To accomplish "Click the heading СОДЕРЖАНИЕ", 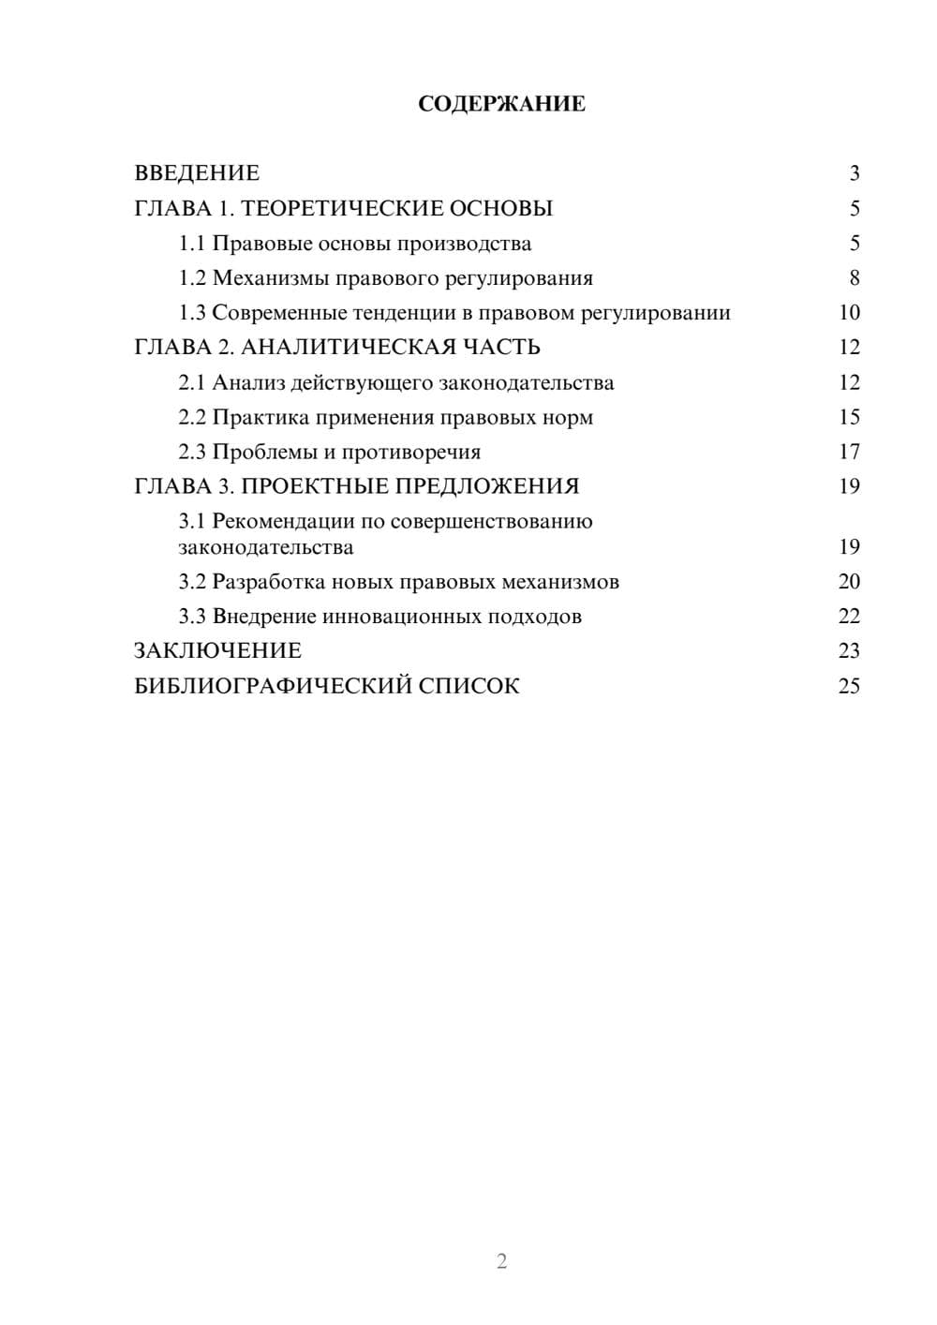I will click(501, 104).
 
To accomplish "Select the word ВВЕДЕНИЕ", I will click(197, 173).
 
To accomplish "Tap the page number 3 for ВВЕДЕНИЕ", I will click(854, 173).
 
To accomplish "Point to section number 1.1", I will click(192, 244).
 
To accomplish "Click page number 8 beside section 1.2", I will click(854, 278).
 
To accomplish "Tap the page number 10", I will click(849, 313).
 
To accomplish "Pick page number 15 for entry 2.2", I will click(849, 417).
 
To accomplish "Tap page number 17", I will click(849, 452).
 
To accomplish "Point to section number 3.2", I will click(192, 582).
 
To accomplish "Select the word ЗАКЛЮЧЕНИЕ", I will click(217, 650).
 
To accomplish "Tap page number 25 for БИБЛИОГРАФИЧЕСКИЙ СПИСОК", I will click(849, 686).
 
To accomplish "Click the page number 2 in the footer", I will click(501, 1261).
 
